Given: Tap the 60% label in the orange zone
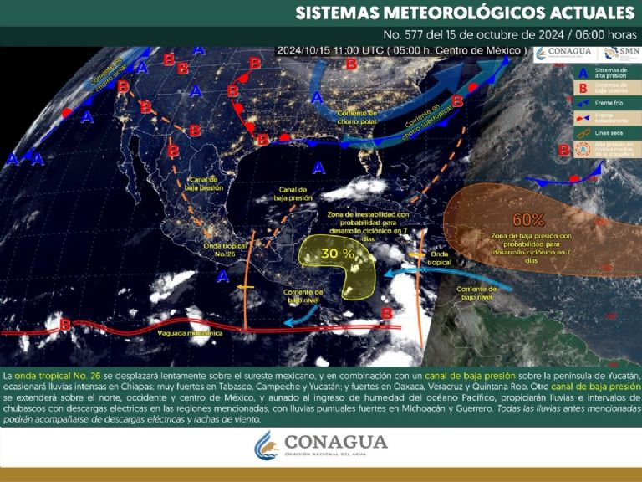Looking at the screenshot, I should (x=528, y=221).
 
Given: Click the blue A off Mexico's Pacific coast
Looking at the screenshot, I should (x=222, y=276).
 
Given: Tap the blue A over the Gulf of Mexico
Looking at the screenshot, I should (x=318, y=167).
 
